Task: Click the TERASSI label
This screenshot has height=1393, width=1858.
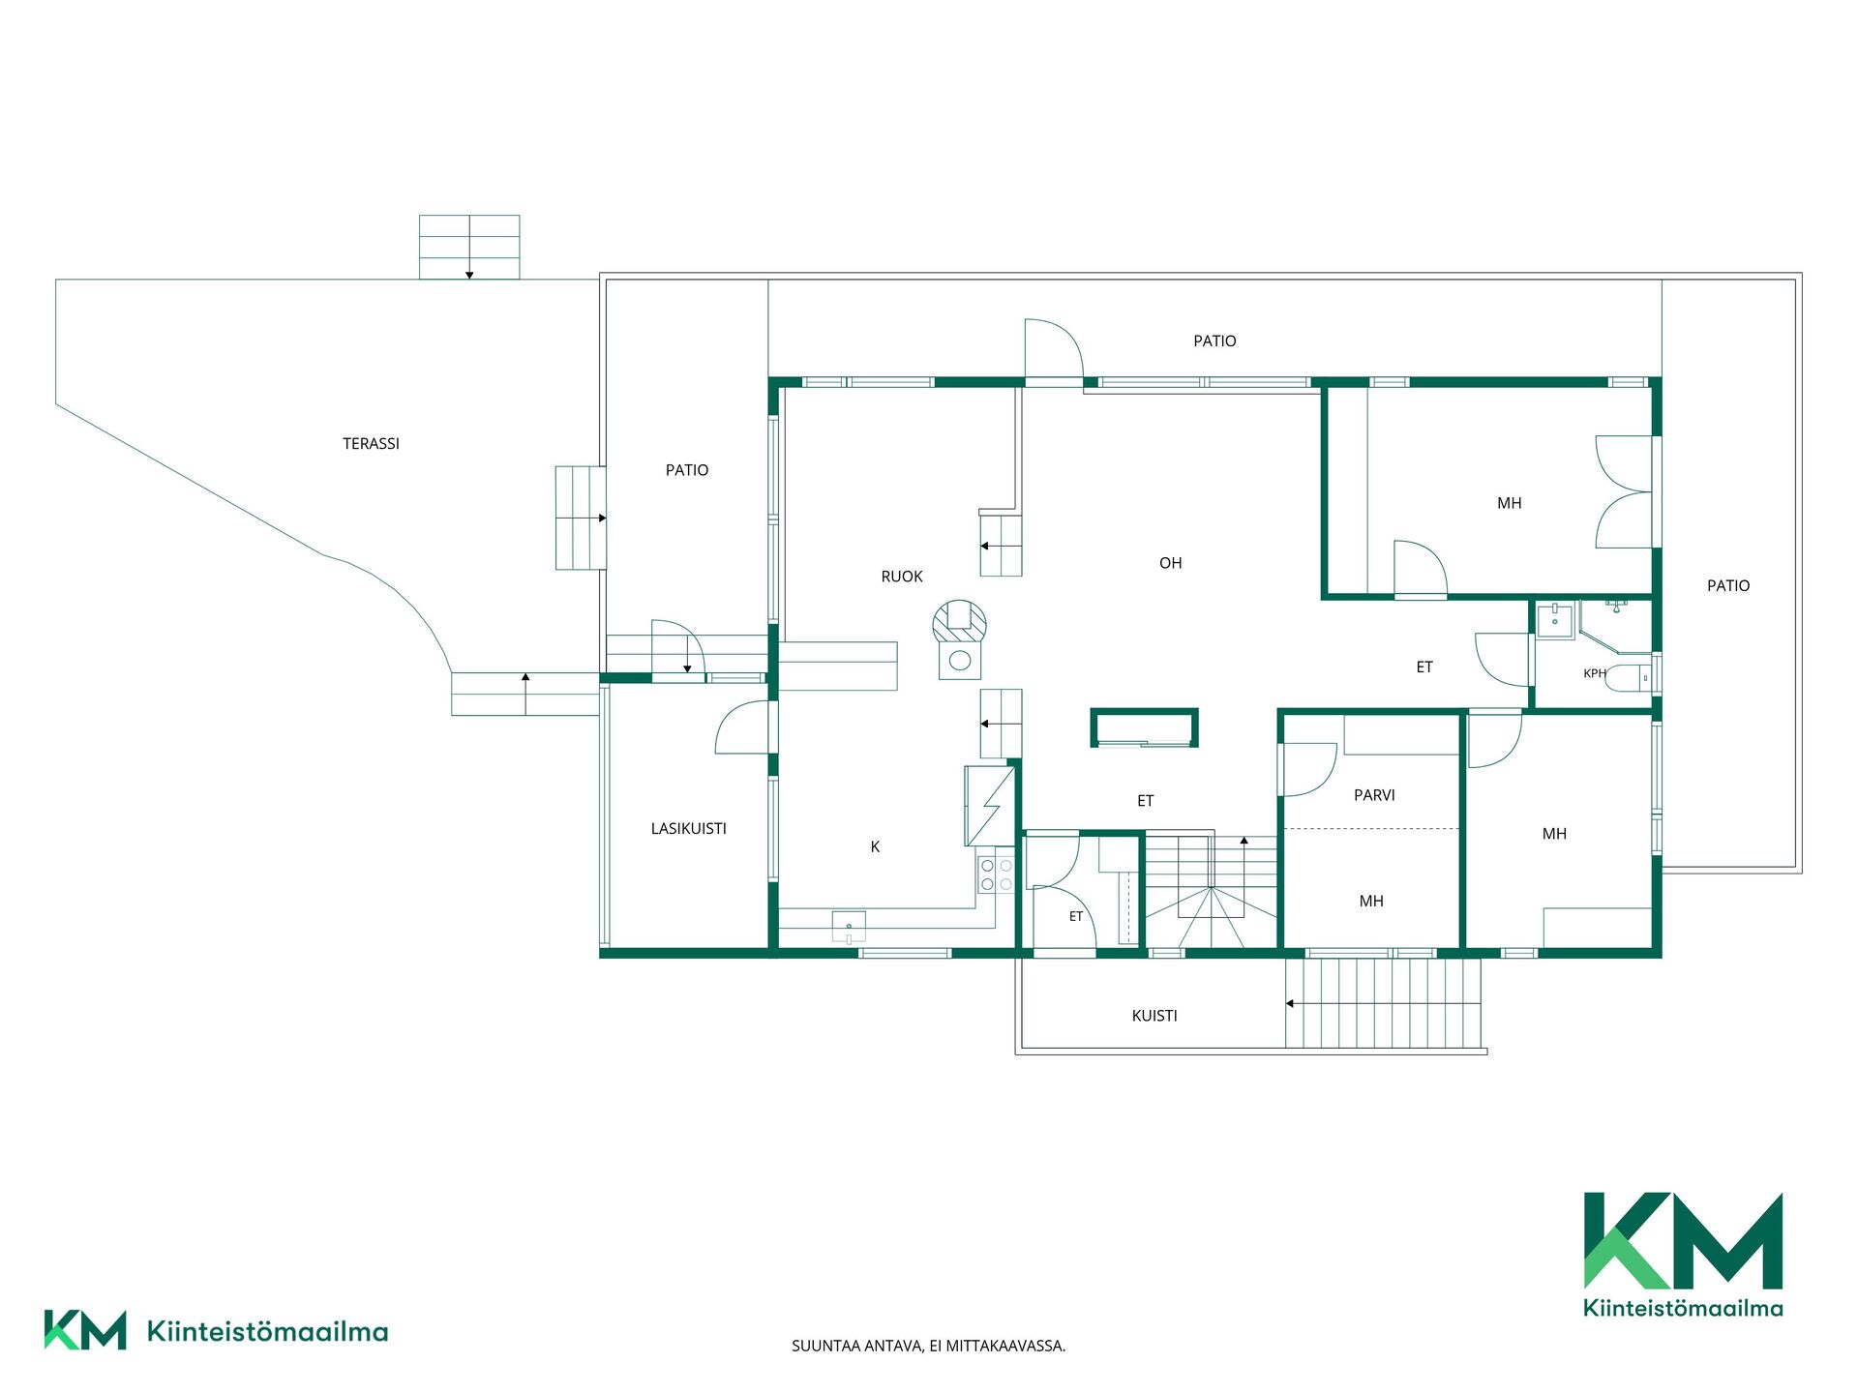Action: point(371,444)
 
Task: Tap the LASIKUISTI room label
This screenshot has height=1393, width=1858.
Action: point(688,829)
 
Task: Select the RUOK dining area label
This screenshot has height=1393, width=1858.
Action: point(902,577)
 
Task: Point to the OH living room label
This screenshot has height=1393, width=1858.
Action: point(1170,563)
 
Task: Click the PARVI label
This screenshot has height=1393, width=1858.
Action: point(1374,795)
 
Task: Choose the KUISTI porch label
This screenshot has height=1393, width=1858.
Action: point(1154,1016)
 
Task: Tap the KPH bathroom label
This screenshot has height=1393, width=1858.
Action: point(1594,673)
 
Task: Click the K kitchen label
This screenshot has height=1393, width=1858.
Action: point(875,847)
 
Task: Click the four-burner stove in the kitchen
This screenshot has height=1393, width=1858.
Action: point(997,874)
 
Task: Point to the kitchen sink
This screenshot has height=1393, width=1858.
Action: point(849,927)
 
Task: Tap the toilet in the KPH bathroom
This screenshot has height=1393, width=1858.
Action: point(1629,678)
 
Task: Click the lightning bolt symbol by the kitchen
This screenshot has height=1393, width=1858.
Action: point(990,806)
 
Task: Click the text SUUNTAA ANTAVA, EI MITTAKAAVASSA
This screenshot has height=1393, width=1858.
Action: point(929,1346)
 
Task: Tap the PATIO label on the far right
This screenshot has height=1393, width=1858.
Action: point(1728,586)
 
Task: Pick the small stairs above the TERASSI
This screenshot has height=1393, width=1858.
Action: point(469,248)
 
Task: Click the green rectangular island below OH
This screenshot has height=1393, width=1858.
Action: point(1145,728)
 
